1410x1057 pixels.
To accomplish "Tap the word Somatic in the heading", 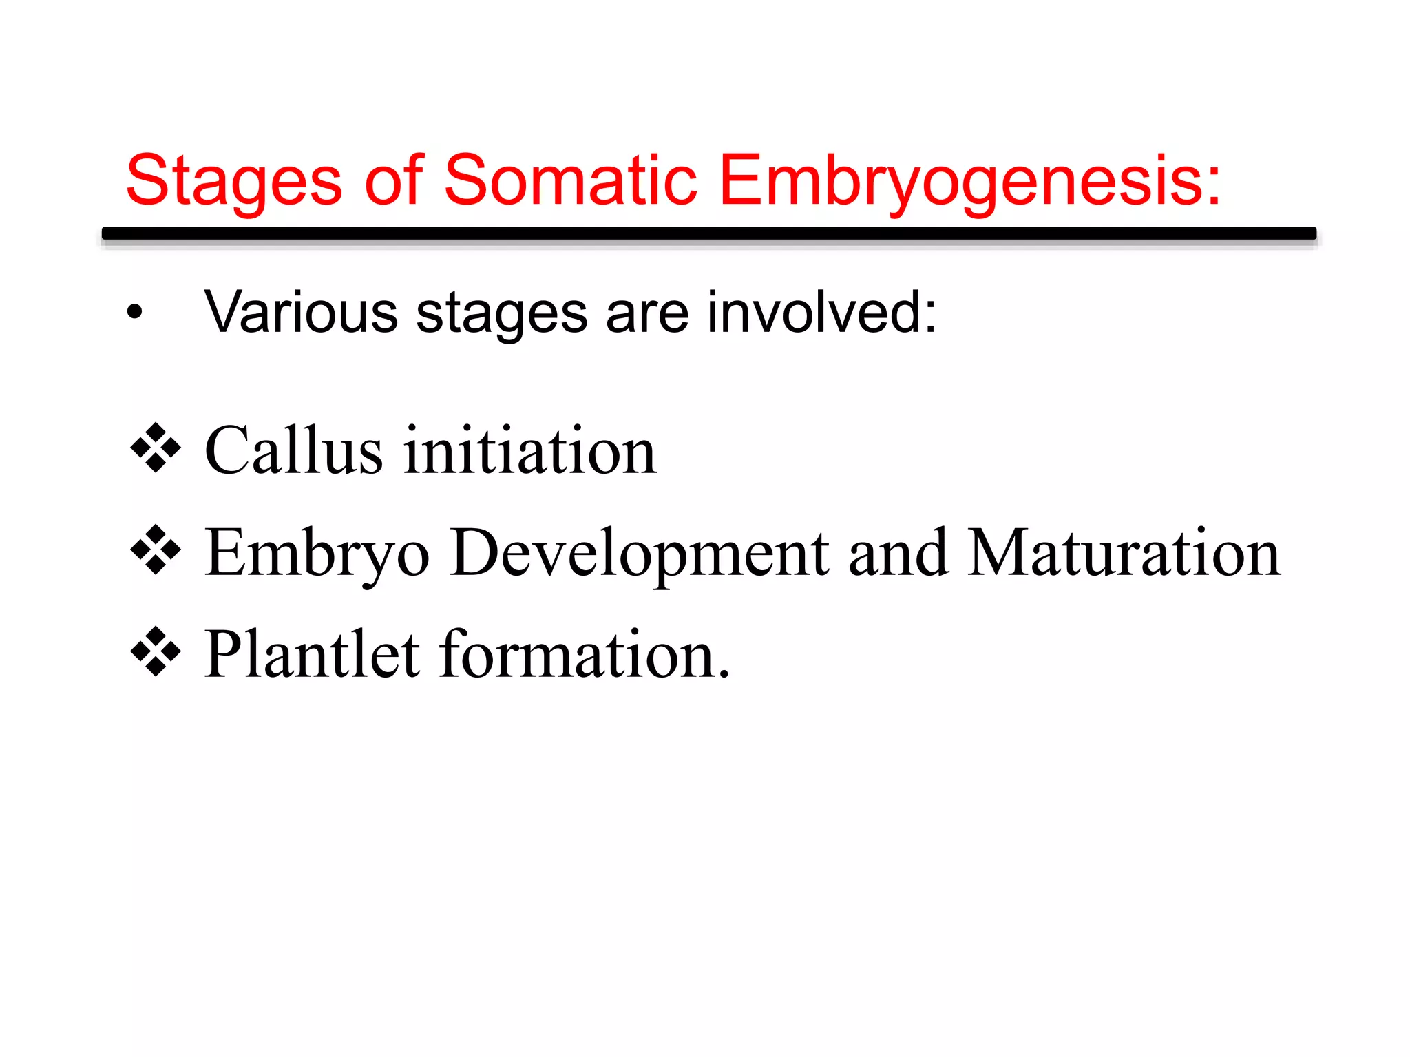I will tap(570, 180).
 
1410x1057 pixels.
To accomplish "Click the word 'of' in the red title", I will tap(393, 180).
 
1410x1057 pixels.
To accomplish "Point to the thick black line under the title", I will tap(709, 233).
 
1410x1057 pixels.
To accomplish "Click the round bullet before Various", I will tap(135, 313).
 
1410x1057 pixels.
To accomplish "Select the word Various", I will tap(301, 313).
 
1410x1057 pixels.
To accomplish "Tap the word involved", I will tap(821, 313).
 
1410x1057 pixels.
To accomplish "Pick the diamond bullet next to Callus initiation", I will tap(156, 448).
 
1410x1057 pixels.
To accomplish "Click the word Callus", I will tap(293, 451).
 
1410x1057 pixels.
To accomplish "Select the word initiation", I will tap(530, 451).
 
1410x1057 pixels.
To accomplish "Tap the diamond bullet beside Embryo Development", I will tap(156, 550).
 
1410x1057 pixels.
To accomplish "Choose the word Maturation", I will tap(1124, 553).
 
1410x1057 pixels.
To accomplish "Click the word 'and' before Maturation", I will tap(898, 553).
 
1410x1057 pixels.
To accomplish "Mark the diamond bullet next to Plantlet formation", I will tap(156, 651).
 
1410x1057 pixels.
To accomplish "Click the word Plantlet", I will tap(312, 654).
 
